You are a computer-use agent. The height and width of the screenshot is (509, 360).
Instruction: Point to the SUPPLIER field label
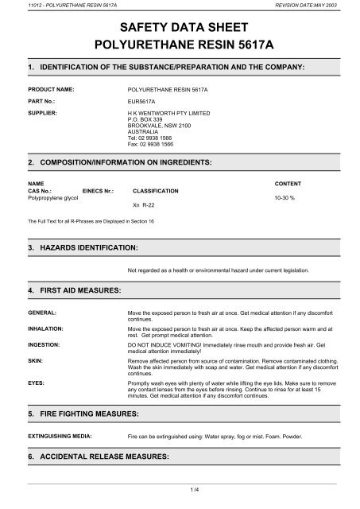point(44,115)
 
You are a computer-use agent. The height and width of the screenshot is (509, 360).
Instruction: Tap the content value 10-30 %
point(283,197)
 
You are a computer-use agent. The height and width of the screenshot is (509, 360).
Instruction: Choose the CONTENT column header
point(288,184)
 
